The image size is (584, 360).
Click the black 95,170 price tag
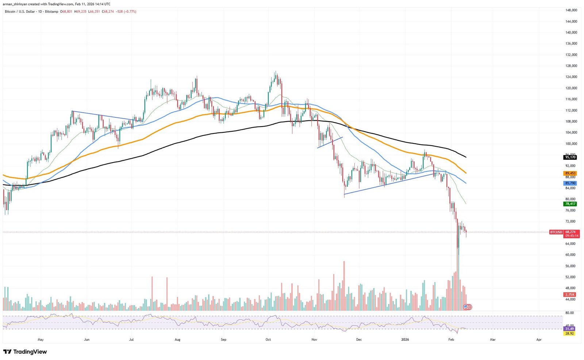tap(570, 157)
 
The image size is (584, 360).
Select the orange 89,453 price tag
tap(570, 173)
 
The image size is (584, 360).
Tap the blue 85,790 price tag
tap(570, 183)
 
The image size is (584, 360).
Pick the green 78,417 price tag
tap(570, 204)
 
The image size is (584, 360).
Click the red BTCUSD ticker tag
tap(556, 232)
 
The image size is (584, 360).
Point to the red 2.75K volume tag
tap(570, 294)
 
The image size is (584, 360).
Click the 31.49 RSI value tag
tap(569, 329)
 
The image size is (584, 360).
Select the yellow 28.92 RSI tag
tap(569, 333)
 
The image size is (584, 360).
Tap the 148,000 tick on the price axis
tap(571, 10)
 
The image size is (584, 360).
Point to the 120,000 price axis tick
tap(571, 88)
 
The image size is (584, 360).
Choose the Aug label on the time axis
tap(177, 340)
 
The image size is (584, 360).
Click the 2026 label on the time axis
tap(405, 340)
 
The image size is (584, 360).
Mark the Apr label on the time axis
tap(539, 340)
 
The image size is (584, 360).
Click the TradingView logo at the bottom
tap(25, 352)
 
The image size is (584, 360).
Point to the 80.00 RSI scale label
tap(569, 313)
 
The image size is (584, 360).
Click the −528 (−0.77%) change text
tap(126, 12)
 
